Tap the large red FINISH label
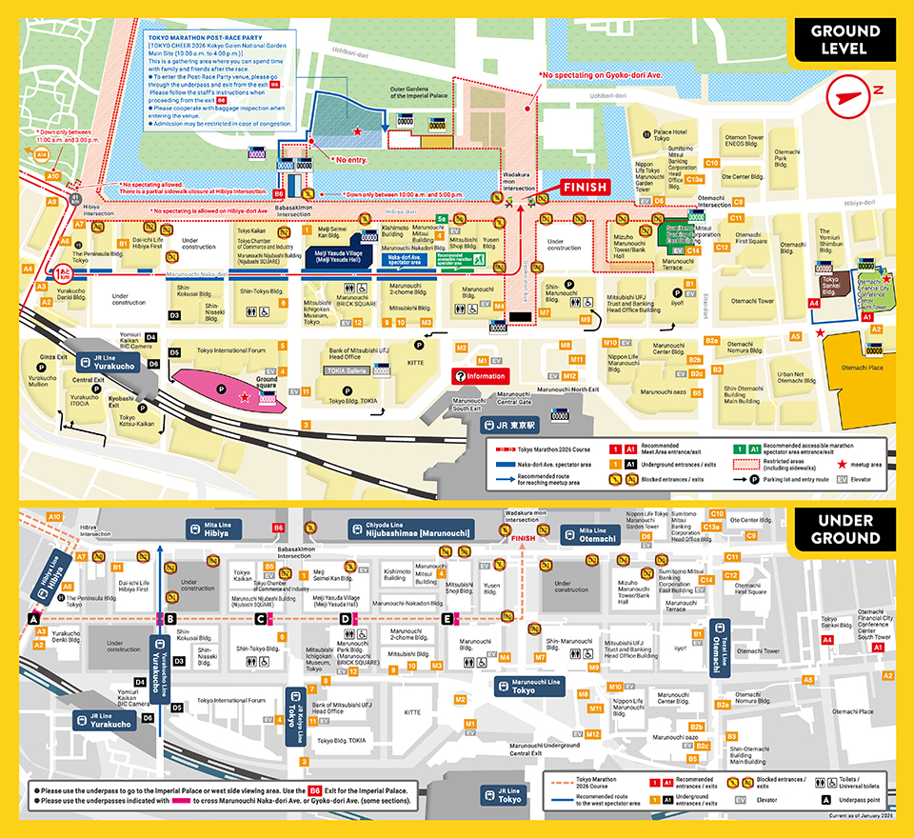584,187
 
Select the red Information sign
481,376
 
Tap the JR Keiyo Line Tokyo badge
294,708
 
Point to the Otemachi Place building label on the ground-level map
862,368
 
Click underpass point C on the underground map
259,619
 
